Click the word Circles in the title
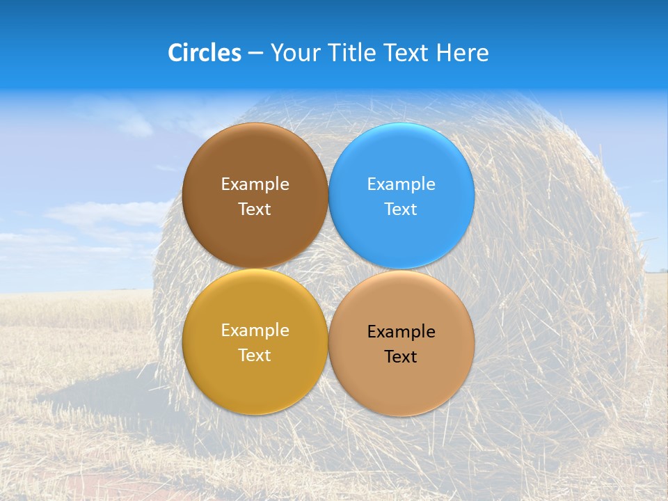[204, 53]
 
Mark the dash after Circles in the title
[255, 54]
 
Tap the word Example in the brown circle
[255, 184]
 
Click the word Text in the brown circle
[255, 209]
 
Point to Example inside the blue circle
[401, 184]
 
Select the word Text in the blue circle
[401, 209]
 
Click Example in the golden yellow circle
[255, 330]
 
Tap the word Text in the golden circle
[255, 355]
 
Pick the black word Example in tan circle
[401, 331]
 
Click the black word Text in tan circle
[401, 356]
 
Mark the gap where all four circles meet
[328, 269]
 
